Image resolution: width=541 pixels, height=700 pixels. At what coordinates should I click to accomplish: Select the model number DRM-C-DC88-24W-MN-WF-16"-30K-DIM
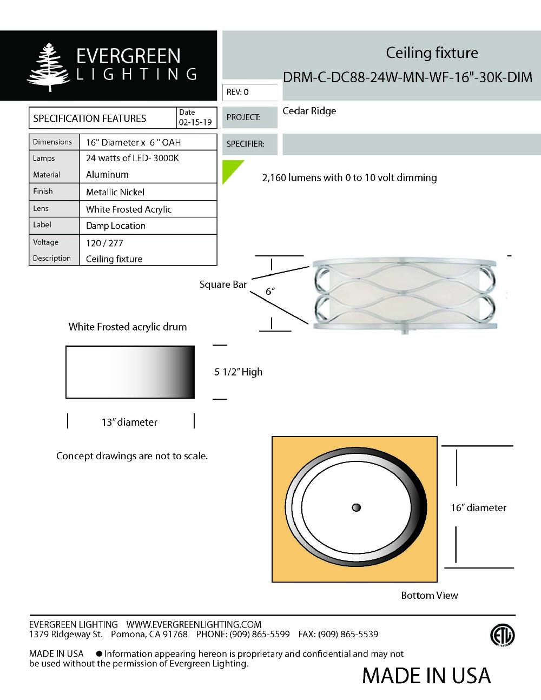tap(407, 77)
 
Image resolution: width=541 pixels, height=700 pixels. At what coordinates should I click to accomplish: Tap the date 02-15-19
tap(195, 122)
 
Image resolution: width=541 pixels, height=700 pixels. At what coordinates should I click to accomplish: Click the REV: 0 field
tap(249, 93)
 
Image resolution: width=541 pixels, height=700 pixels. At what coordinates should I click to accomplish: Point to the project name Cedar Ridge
tap(309, 111)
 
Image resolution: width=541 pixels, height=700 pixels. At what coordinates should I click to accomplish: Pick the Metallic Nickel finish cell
tap(115, 192)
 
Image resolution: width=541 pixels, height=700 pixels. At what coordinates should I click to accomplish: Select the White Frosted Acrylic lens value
tap(129, 209)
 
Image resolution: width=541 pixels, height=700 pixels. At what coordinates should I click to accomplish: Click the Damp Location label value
tap(116, 226)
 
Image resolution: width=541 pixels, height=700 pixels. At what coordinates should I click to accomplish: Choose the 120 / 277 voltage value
tap(105, 243)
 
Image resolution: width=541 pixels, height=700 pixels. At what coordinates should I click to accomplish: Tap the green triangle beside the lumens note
tap(230, 169)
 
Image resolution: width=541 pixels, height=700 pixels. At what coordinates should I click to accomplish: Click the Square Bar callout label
tap(223, 285)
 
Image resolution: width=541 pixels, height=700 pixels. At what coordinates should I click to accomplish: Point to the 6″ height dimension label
tap(270, 292)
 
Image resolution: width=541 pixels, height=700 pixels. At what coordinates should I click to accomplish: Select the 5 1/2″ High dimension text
tap(238, 372)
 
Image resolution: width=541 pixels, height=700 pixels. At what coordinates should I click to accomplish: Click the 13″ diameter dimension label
tap(129, 422)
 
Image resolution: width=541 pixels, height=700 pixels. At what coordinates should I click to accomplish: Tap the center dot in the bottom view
tap(356, 507)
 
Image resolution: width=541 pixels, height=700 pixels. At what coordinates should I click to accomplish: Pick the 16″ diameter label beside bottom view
tap(478, 508)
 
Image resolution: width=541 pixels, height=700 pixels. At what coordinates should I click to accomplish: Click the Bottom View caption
tap(429, 596)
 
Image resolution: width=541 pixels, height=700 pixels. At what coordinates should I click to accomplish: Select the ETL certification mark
tap(502, 636)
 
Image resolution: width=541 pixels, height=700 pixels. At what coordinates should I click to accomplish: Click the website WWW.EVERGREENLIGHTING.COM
tap(194, 625)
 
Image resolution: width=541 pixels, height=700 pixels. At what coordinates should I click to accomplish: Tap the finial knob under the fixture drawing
tap(404, 330)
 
